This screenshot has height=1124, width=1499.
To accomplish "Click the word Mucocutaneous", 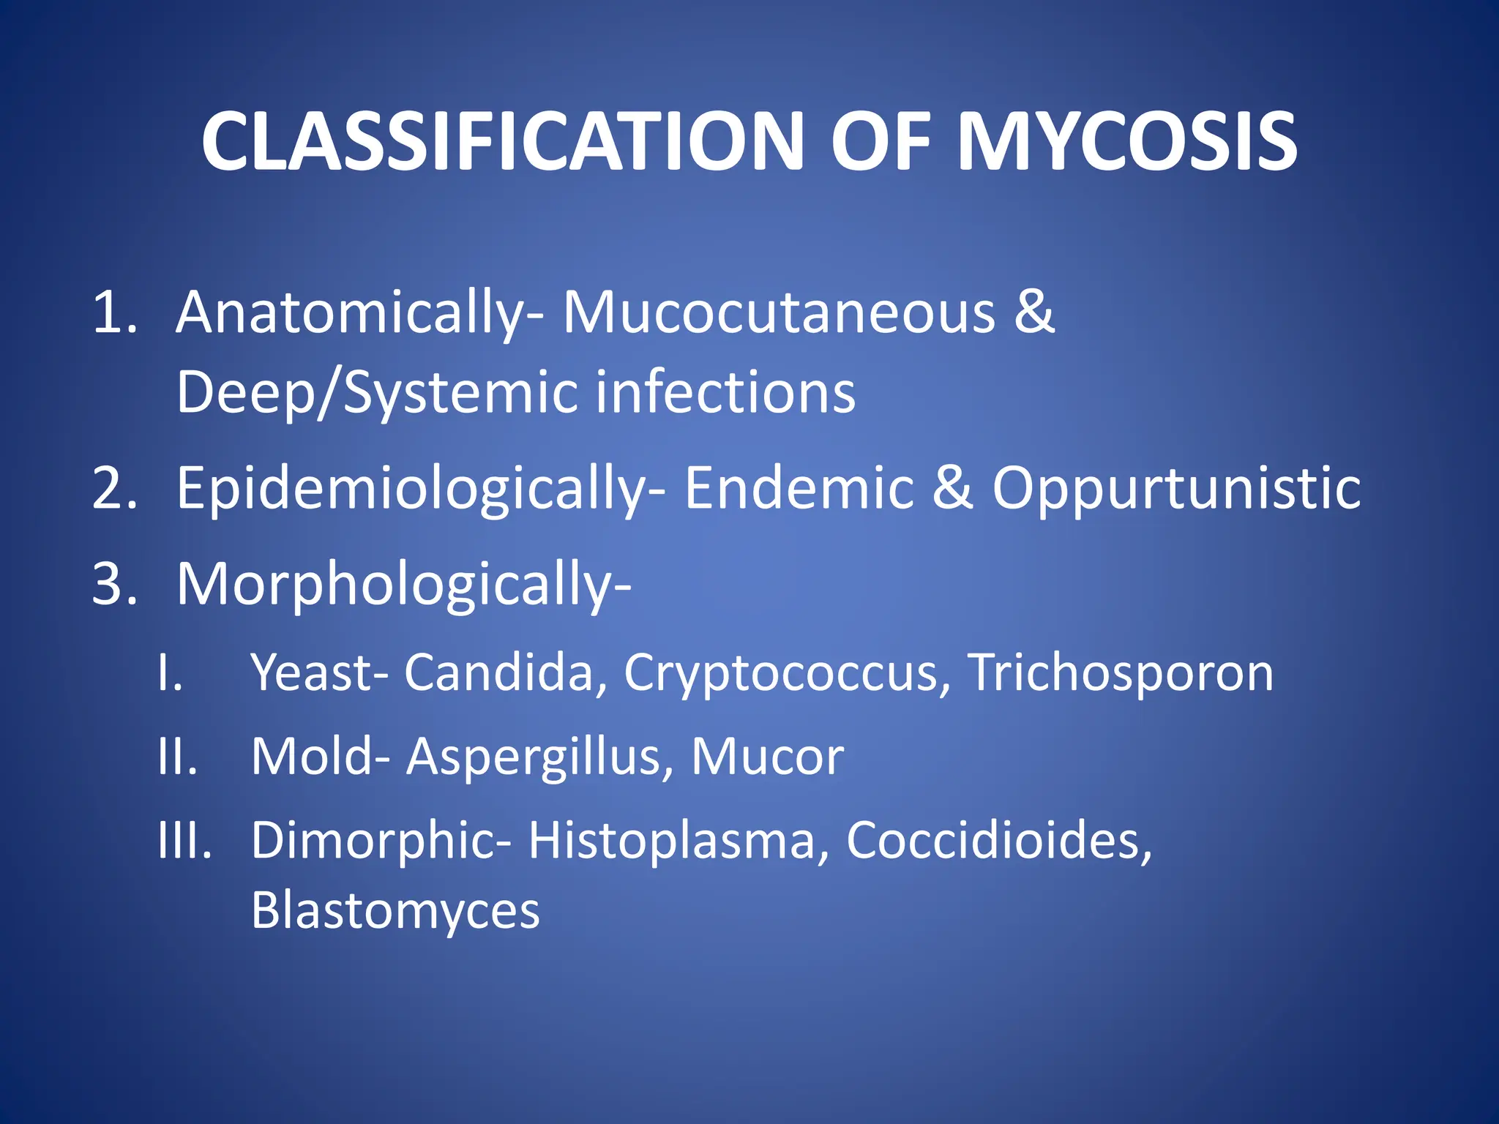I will pos(779,313).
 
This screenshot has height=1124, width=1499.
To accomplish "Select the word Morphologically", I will pos(403,585).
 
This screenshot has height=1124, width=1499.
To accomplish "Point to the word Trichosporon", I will pos(1121,673).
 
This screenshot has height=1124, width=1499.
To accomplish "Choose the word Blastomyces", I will pos(395,912).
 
